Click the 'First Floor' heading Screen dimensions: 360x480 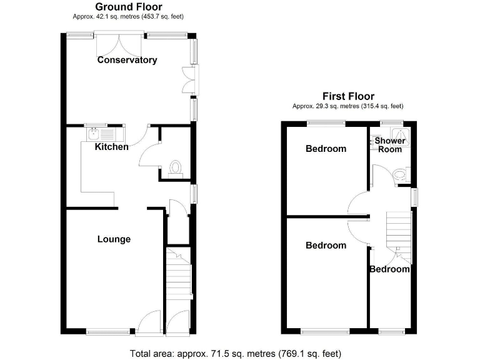348,96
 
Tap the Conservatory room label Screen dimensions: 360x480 127,60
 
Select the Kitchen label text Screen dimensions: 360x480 112,147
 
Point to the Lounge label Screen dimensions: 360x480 114,239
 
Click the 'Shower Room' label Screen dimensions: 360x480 391,145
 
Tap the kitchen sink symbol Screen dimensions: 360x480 93,134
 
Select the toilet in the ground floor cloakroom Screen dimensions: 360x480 177,167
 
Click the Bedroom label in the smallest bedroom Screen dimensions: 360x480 389,269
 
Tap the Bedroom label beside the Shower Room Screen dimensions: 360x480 326,149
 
